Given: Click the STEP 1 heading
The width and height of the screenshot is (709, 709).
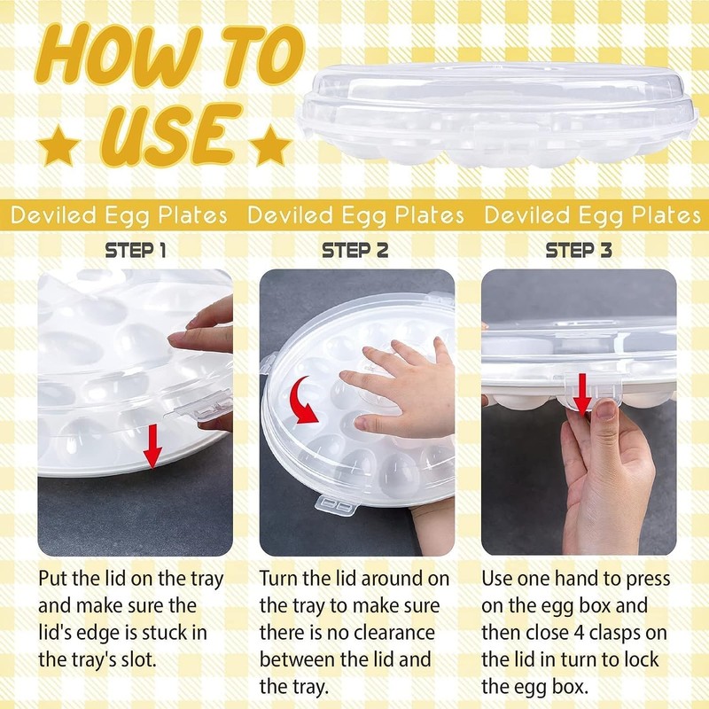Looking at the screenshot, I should click(136, 251).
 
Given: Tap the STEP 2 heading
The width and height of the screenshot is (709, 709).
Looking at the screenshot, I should click(355, 251).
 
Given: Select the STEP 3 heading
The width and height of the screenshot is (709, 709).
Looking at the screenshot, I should click(579, 251).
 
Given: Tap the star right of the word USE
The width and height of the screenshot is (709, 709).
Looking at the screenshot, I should click(269, 142).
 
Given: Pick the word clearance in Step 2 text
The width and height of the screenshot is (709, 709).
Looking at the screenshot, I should click(396, 633).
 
